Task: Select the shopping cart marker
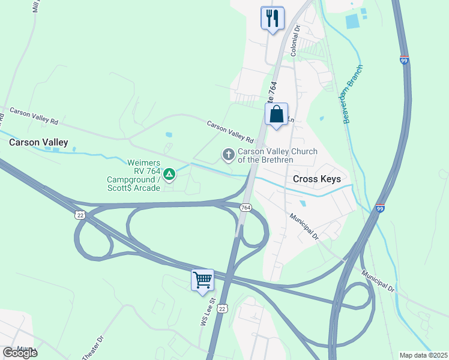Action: [202, 280]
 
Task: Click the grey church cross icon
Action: [228, 155]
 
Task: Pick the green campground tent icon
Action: [170, 175]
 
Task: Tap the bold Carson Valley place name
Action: [38, 143]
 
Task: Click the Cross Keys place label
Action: [316, 179]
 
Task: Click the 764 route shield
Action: [245, 207]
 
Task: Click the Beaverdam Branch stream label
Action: [353, 94]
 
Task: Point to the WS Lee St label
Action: [207, 313]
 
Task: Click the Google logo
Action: [19, 353]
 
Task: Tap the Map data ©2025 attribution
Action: [424, 355]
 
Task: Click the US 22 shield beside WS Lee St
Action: [223, 308]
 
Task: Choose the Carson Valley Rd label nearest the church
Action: [231, 132]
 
